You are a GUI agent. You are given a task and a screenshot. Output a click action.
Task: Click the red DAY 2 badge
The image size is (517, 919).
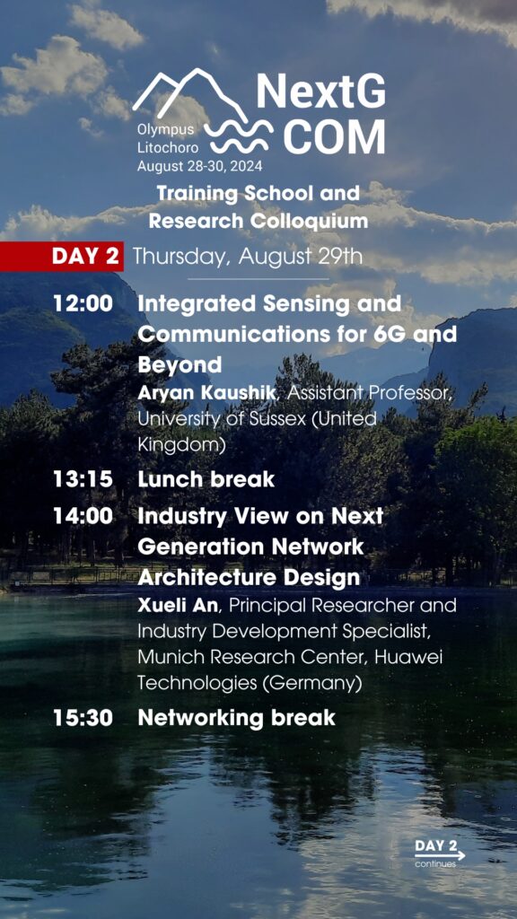(x=62, y=257)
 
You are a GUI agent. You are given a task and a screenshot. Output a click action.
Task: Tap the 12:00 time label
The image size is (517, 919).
(x=83, y=304)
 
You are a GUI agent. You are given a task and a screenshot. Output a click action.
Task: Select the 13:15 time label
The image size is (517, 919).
(x=83, y=479)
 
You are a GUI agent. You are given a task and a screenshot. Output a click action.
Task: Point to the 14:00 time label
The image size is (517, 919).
(x=83, y=516)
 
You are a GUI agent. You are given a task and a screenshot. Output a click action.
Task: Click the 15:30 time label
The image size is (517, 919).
(x=83, y=718)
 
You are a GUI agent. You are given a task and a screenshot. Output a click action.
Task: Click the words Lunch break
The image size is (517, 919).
(x=206, y=479)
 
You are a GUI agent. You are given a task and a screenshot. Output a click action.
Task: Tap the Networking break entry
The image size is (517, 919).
(x=236, y=718)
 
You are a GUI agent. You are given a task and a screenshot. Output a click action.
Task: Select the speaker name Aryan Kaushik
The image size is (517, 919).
(x=206, y=393)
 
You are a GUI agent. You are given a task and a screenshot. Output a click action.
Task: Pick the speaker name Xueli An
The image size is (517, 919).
(x=178, y=606)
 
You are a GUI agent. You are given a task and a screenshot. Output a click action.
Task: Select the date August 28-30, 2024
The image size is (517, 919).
(x=200, y=166)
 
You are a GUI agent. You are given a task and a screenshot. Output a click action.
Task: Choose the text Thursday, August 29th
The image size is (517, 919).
(x=248, y=257)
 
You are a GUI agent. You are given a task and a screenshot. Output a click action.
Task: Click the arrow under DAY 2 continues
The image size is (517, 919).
(x=440, y=855)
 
